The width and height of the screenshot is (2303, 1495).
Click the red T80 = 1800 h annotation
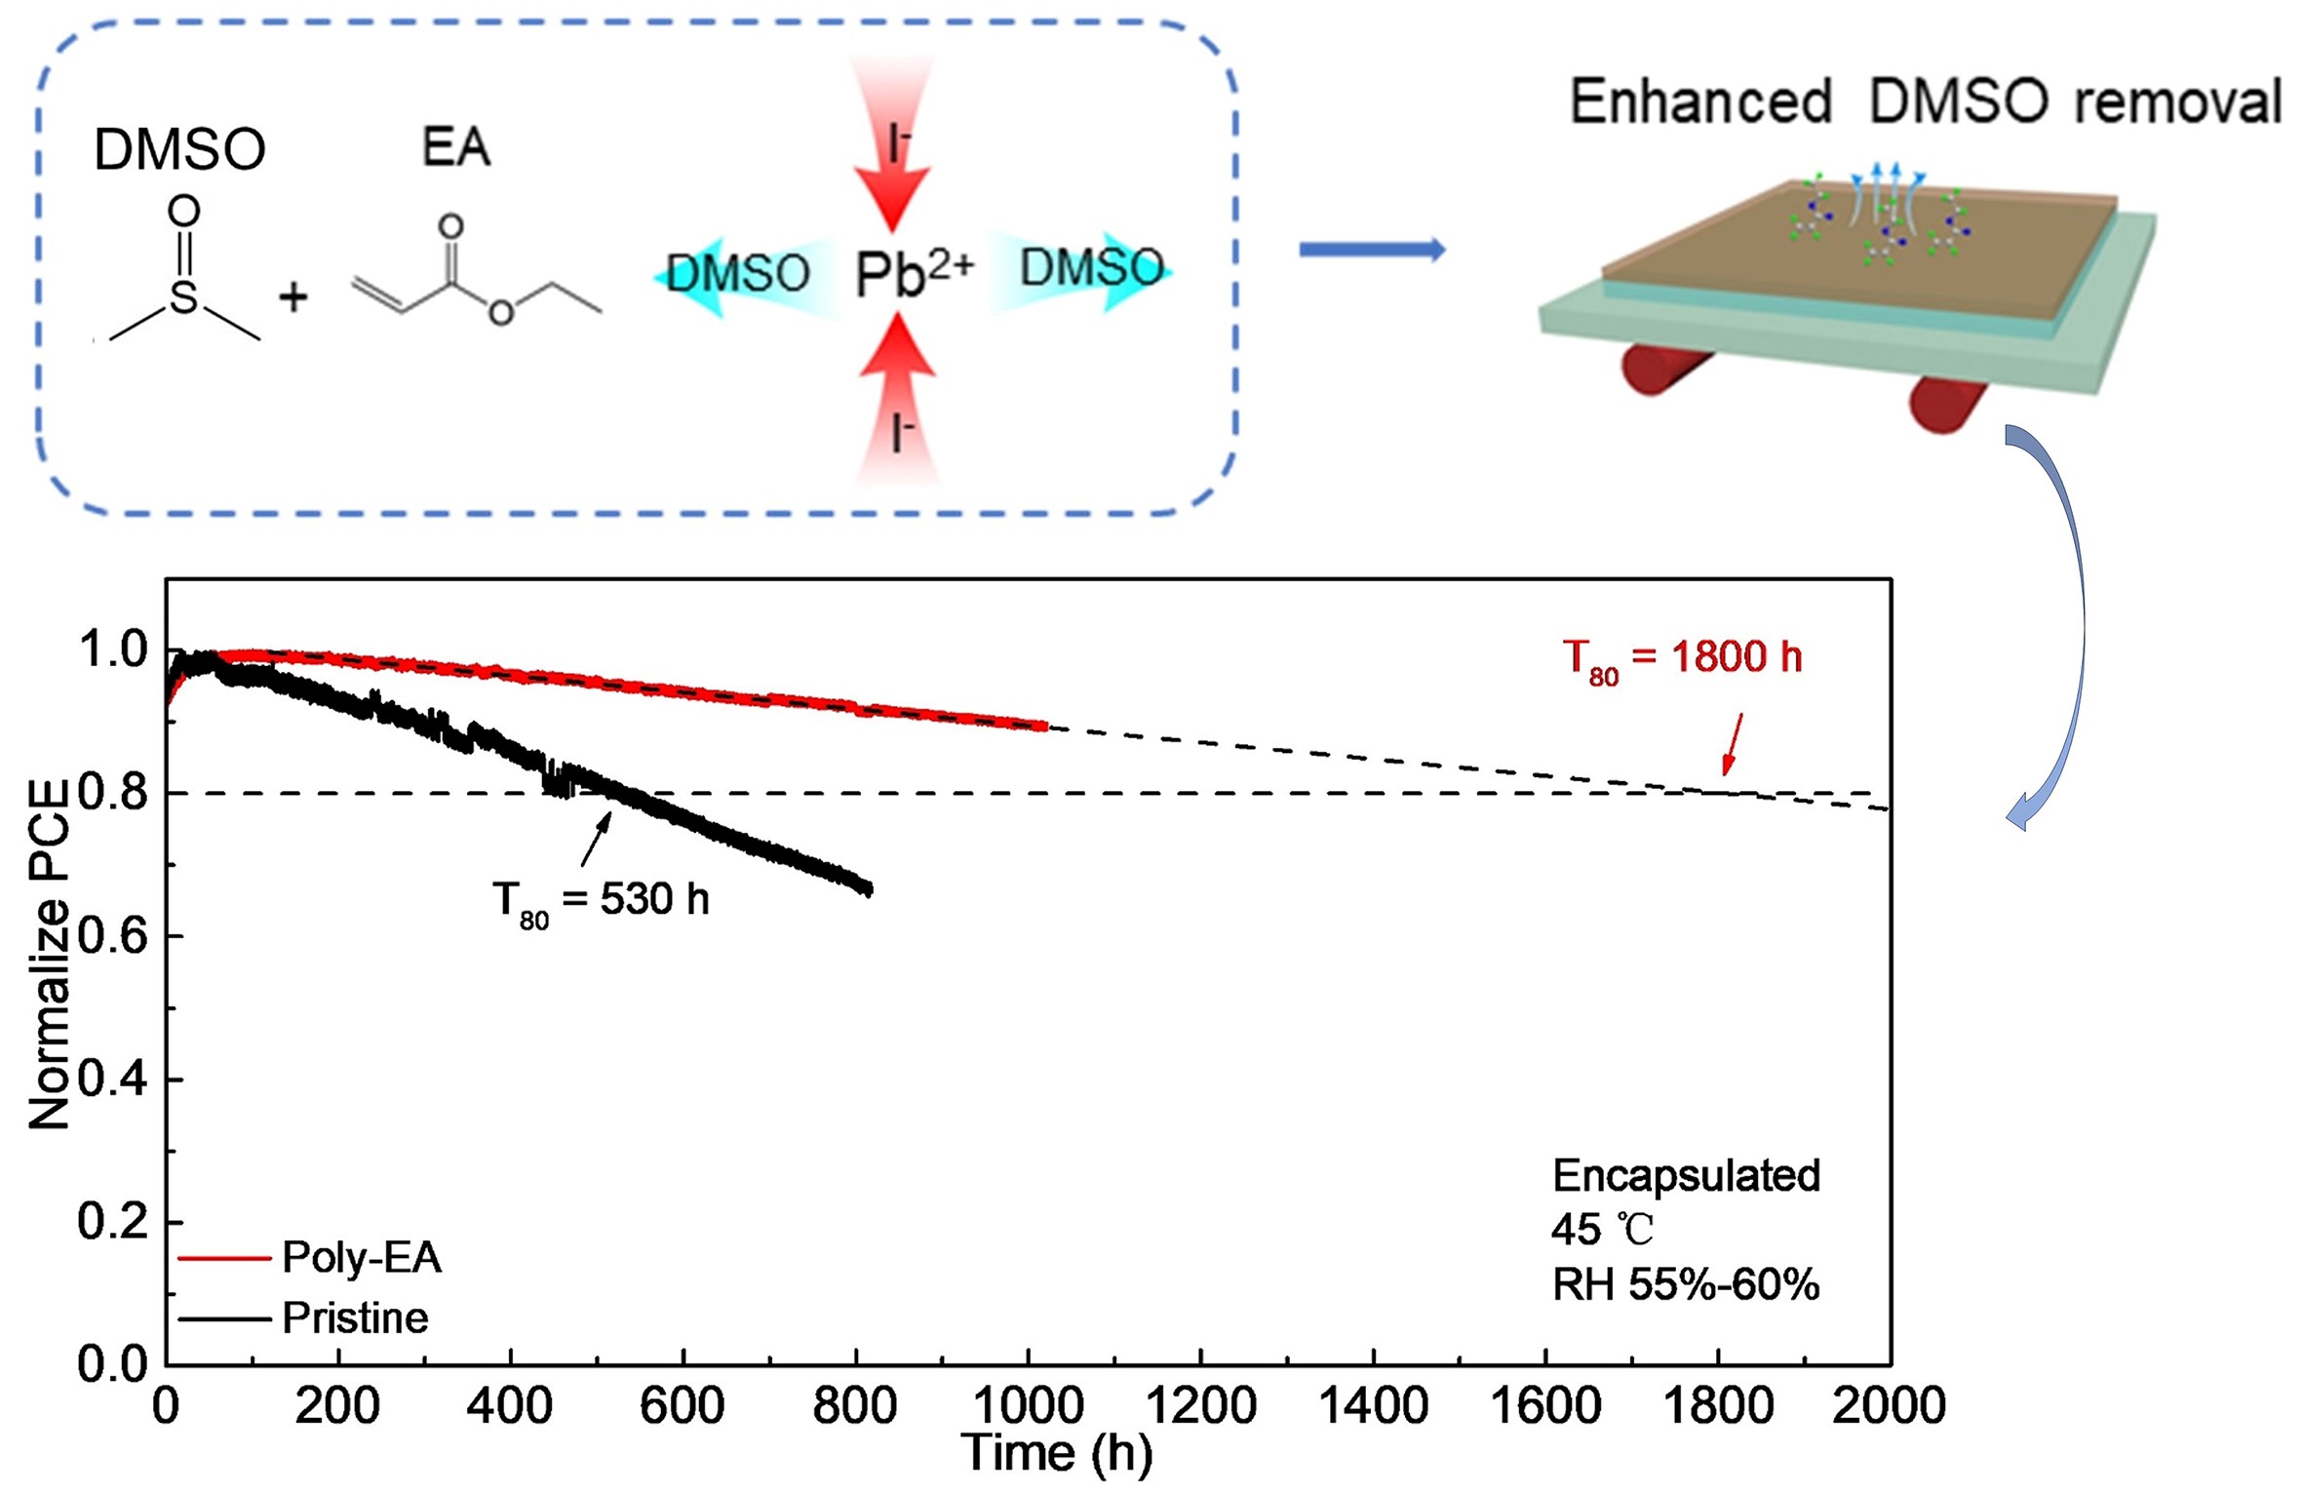pos(1682,659)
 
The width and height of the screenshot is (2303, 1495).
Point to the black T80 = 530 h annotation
pos(601,900)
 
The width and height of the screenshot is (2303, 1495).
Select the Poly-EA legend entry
pos(361,1257)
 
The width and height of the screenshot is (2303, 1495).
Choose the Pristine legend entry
pos(355,1318)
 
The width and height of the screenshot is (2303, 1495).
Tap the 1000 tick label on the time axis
pos(1028,1406)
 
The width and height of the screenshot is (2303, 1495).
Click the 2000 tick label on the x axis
pos(1888,1406)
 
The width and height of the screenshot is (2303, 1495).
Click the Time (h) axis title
pos(1056,1454)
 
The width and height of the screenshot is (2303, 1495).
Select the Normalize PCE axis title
pos(49,956)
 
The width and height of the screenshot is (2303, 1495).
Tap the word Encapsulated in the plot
pos(1686,1176)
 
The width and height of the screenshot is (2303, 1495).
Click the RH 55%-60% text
pos(1686,1285)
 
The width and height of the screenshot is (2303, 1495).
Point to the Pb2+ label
pos(913,274)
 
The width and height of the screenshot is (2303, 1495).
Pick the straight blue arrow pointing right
pos(1371,251)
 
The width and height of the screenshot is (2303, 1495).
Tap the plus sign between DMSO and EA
pos(293,296)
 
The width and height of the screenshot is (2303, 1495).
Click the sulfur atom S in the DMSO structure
pos(183,296)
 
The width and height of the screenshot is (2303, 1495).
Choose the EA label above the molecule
pos(455,148)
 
